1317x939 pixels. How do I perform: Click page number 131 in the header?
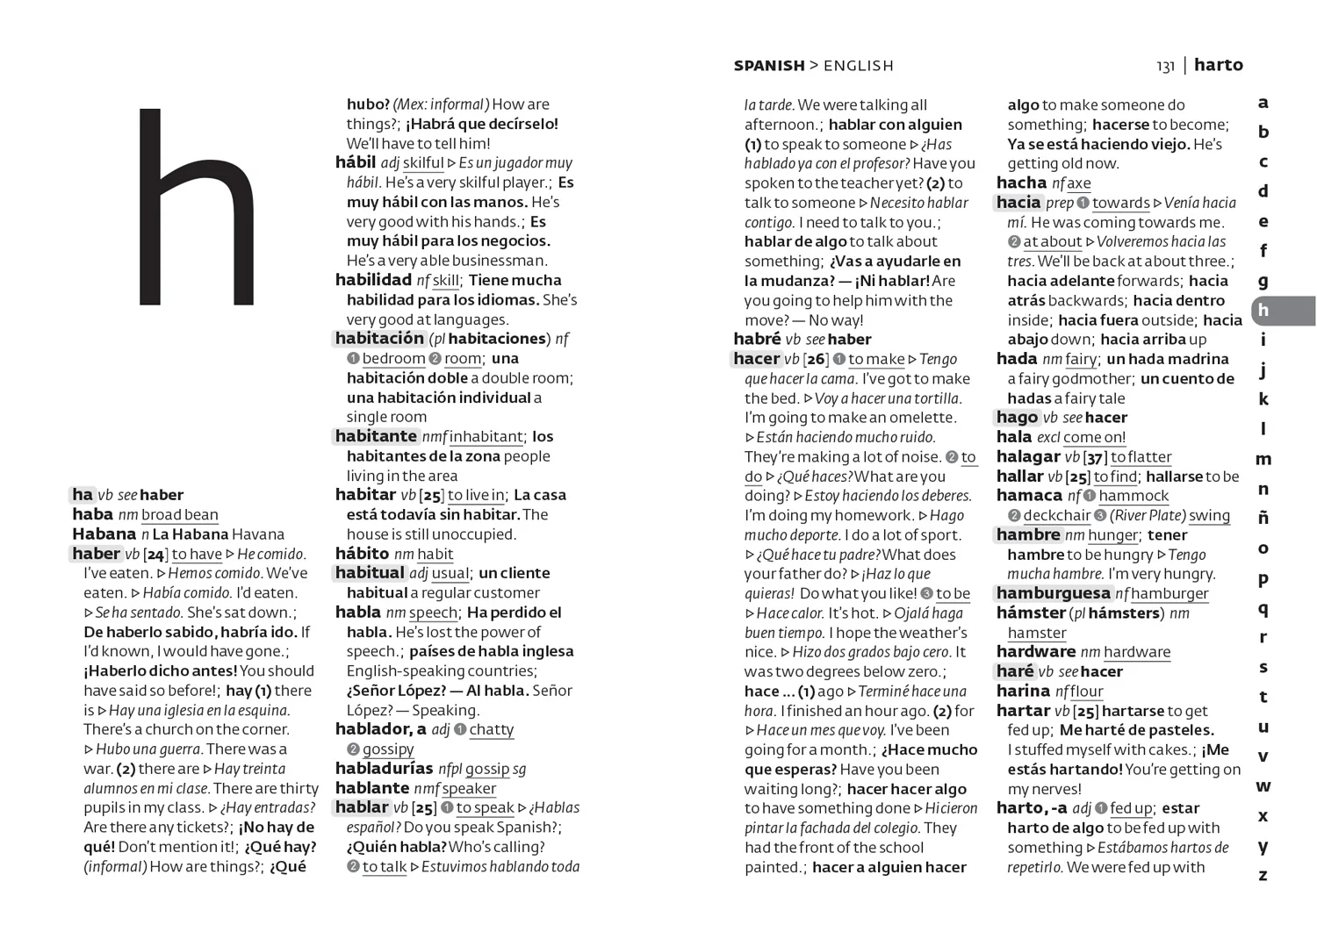click(1165, 66)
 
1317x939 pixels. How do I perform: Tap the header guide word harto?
click(1219, 65)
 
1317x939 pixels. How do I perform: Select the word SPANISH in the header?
click(769, 66)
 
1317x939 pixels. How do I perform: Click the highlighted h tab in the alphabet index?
click(1263, 311)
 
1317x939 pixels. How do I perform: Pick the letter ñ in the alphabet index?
click(1263, 517)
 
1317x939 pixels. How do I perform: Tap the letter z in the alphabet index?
click(1263, 875)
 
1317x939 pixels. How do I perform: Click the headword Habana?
click(104, 534)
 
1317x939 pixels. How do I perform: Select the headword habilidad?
click(373, 280)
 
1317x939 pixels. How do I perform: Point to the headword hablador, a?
click(380, 729)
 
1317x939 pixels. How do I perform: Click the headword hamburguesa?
click(1053, 593)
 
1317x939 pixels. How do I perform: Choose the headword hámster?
click(1031, 613)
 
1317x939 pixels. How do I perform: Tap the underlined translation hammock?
click(1133, 496)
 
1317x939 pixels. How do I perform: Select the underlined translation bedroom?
click(393, 359)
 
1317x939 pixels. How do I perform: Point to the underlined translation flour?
click(1086, 692)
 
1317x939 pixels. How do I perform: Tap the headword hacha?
click(1021, 183)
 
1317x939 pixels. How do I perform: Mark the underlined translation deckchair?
click(1056, 516)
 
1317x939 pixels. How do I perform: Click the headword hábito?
click(362, 554)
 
